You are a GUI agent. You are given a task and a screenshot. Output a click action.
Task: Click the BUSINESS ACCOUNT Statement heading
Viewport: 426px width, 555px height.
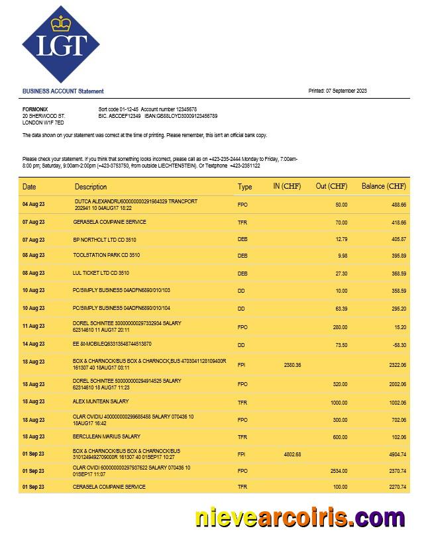[x=63, y=91]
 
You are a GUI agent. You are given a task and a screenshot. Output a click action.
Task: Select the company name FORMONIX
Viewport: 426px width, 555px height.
[x=35, y=109]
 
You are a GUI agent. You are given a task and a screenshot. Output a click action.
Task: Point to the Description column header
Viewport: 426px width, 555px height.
[x=91, y=187]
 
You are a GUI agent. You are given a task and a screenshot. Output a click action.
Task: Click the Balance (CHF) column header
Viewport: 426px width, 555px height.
[x=384, y=187]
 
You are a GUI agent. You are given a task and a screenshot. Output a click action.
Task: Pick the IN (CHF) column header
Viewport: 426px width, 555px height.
[x=287, y=187]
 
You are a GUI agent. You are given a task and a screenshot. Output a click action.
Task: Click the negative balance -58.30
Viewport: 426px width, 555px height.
[x=398, y=344]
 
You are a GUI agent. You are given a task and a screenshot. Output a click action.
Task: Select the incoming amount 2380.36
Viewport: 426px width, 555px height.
[x=292, y=365]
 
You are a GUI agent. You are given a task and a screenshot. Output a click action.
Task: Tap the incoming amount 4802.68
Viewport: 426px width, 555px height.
[x=292, y=454]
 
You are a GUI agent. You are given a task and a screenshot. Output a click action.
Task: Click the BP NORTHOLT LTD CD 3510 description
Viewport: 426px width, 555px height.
[x=104, y=239]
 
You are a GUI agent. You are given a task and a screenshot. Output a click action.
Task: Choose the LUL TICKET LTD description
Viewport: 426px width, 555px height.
[x=101, y=273]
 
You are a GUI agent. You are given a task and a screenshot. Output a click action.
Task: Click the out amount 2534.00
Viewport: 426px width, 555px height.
[x=338, y=471]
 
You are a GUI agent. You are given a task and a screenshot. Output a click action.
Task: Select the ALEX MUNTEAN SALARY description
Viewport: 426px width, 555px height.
[x=101, y=401]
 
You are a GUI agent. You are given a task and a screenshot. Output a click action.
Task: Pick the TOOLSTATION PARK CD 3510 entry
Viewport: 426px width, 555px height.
[x=106, y=256]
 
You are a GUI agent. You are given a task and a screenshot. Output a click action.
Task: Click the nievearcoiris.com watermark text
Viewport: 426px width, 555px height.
[x=299, y=517]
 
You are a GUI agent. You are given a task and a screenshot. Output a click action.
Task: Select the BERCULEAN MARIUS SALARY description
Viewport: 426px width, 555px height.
[x=106, y=437]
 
